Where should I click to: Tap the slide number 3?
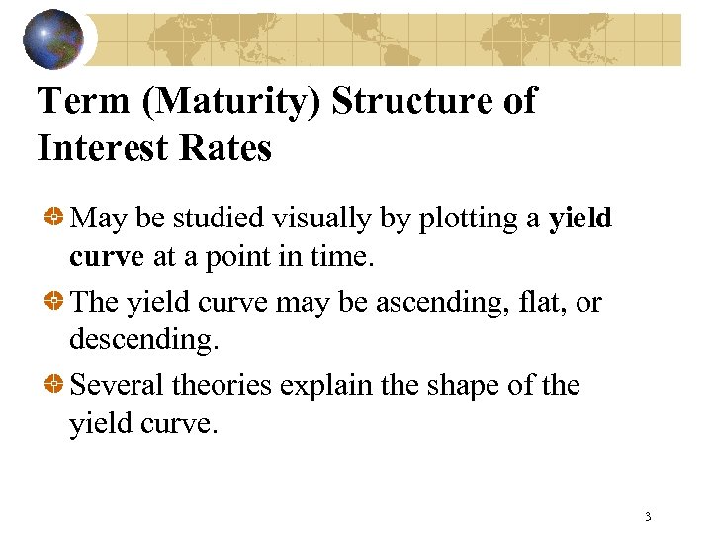tap(647, 516)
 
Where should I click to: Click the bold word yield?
tap(580, 218)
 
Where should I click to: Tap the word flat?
tap(525, 302)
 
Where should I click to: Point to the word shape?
tap(467, 385)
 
